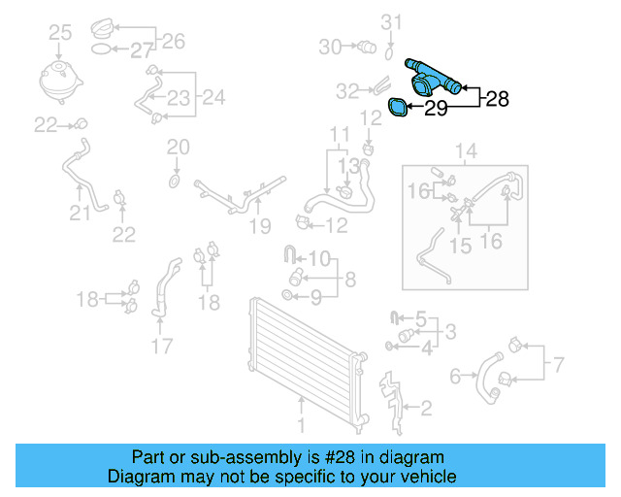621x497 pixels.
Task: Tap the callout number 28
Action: pos(497,97)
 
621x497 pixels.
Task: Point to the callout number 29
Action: pos(436,110)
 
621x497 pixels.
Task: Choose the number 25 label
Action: pos(60,34)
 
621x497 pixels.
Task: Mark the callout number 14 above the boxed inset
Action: pos(466,150)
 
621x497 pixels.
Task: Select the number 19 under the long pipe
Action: pos(257,226)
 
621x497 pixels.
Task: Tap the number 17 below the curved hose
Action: pos(162,344)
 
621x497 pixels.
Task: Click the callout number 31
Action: pos(390,20)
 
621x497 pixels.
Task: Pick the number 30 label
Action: pos(330,46)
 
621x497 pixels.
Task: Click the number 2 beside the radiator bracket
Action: pos(425,408)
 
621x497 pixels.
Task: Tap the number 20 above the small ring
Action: pos(177,148)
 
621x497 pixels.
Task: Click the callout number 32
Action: pos(347,91)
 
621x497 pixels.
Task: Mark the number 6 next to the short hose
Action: pos(456,376)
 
